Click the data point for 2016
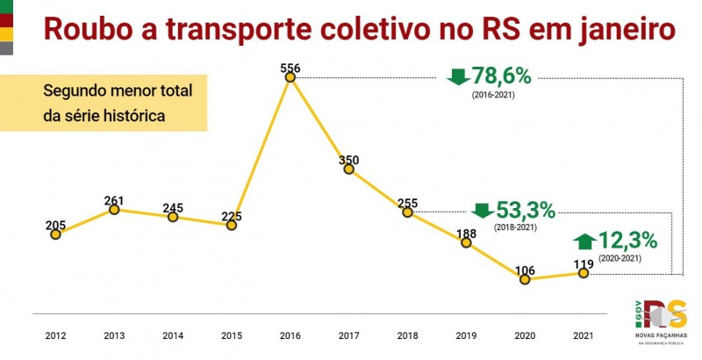tap(290, 77)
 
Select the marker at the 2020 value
tap(524, 279)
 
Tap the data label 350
tap(348, 159)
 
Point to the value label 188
tap(466, 233)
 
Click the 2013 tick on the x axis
tap(114, 335)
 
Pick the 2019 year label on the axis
tap(465, 335)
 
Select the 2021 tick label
tap(582, 335)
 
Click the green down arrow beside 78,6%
tap(458, 76)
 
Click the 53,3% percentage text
tap(526, 211)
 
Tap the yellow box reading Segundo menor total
tap(104, 103)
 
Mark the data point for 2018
tap(407, 212)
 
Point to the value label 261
tap(114, 199)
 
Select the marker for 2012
tap(55, 234)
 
